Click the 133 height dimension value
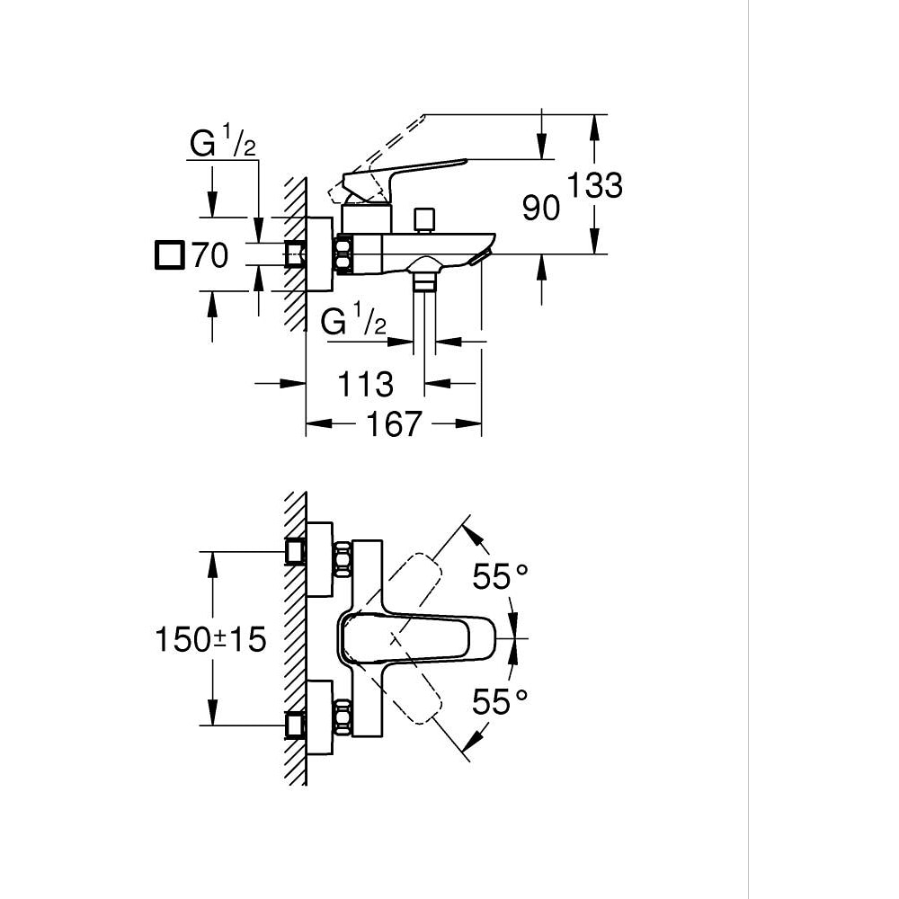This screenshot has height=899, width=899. click(x=593, y=185)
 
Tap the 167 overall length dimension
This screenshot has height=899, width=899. click(x=392, y=423)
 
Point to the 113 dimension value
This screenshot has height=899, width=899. click(x=366, y=384)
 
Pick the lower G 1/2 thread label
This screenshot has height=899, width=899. click(x=353, y=321)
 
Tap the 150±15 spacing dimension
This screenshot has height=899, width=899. click(x=211, y=639)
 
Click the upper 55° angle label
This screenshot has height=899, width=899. click(x=500, y=576)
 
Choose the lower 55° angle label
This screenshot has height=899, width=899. click(x=500, y=701)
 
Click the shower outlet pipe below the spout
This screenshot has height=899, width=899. click(x=423, y=306)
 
